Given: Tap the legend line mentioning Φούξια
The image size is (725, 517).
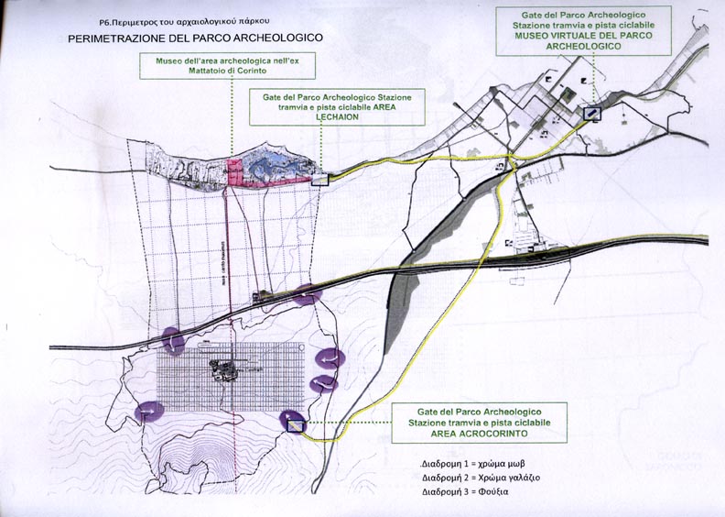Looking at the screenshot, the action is (x=464, y=492).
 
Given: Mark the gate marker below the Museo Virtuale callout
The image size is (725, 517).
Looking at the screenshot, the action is (x=592, y=113).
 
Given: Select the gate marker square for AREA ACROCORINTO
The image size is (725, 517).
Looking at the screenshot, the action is (x=295, y=423).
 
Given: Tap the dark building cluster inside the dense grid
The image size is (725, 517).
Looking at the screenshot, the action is (x=222, y=369).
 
